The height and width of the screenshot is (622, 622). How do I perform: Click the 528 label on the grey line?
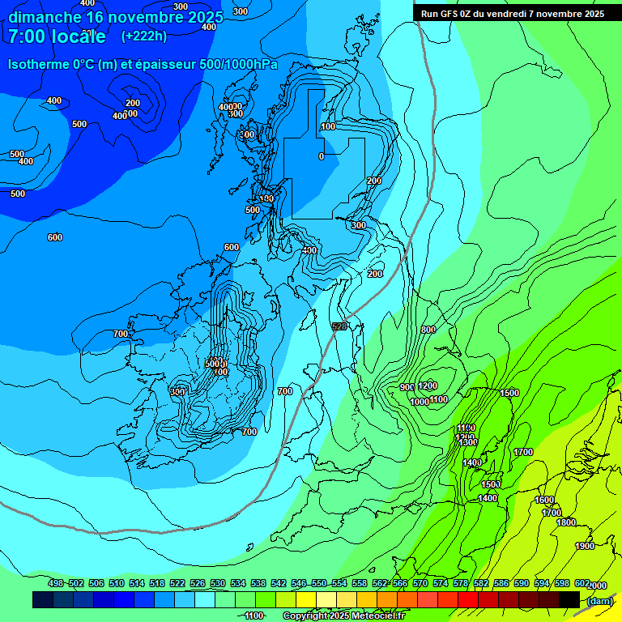coord(339,326)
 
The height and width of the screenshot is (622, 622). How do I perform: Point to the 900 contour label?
coord(407,387)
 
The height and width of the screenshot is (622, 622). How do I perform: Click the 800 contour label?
coord(428,330)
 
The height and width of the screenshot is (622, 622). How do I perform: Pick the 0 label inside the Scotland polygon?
coord(322,156)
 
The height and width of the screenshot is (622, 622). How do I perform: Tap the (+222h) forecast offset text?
coord(143,36)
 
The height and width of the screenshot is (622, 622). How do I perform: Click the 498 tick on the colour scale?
coord(56,583)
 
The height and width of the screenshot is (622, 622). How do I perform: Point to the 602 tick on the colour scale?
coord(582,583)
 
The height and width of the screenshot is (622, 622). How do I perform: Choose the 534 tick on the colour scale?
coord(238,583)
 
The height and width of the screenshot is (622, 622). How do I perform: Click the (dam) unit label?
coord(599,600)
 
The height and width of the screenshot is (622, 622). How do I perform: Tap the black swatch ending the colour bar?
coord(569,599)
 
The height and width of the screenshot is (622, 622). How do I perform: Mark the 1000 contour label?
coord(420,402)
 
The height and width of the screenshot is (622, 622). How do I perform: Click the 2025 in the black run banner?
coord(589,14)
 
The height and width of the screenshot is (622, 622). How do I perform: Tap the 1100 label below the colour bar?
coord(254,616)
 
